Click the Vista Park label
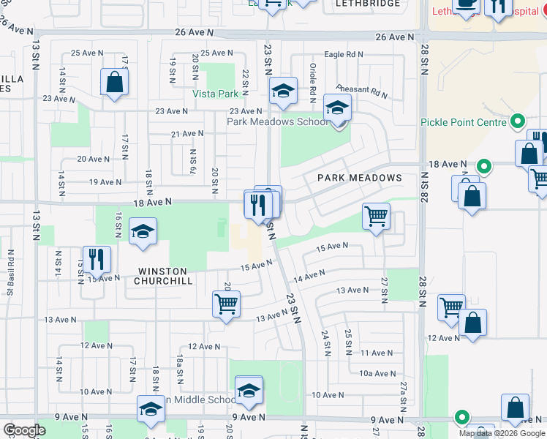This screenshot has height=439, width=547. tap(216, 94)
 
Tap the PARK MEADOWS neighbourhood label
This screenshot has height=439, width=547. tap(359, 179)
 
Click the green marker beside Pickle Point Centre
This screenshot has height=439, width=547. tap(518, 121)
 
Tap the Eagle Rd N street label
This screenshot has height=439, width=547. tap(344, 54)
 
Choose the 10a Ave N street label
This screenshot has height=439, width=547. tap(378, 373)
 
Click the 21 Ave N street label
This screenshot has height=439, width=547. tap(187, 134)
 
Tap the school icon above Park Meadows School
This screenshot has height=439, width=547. tap(337, 108)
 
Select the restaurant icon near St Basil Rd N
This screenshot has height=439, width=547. tap(96, 258)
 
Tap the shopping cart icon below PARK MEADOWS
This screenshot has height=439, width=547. tap(376, 216)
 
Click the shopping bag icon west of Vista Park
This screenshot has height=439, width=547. tap(115, 82)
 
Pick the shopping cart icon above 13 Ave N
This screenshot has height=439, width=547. tap(226, 303)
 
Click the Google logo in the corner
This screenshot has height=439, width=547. tap(24, 430)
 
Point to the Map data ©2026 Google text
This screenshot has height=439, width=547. tap(502, 433)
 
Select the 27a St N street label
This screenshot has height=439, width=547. tap(403, 395)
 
